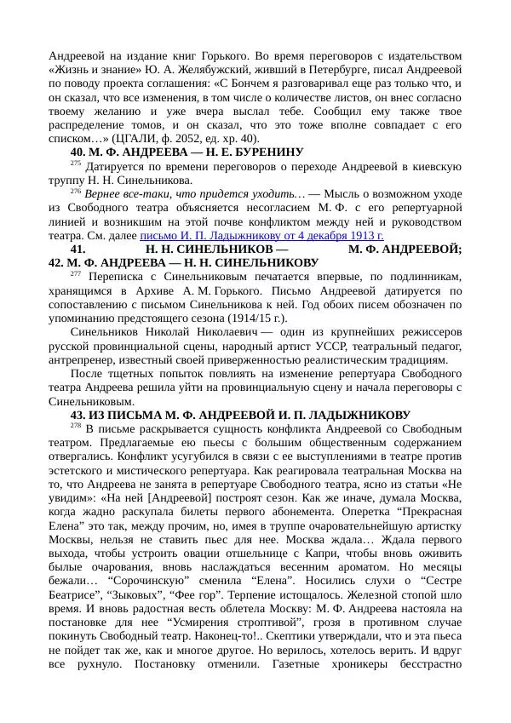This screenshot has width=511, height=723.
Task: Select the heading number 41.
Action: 78,248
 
